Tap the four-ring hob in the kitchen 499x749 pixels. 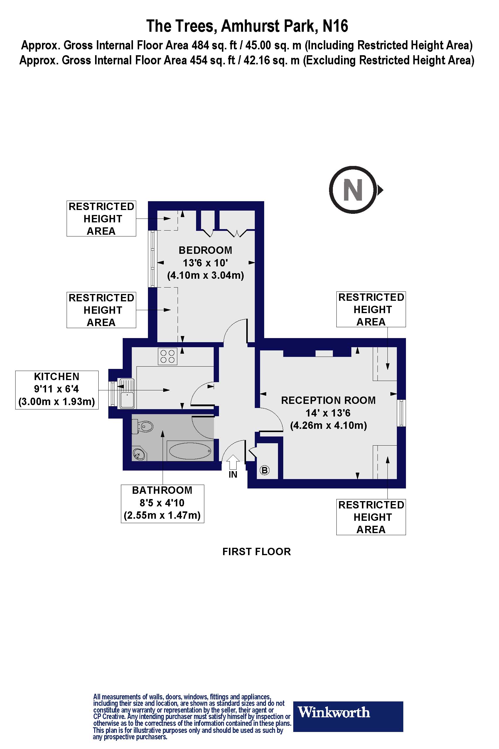click(167, 356)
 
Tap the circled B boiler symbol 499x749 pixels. click(264, 470)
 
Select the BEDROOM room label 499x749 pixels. click(205, 250)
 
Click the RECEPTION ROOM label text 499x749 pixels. click(328, 400)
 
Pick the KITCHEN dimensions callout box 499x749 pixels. click(57, 389)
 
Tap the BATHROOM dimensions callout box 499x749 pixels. click(162, 503)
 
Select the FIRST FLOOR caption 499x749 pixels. click(257, 552)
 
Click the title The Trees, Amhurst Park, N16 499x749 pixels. click(247, 26)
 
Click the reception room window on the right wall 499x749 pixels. click(402, 413)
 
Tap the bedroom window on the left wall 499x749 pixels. click(153, 258)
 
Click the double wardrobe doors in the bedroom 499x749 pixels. click(237, 234)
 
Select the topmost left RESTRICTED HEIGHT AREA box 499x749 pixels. click(101, 219)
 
